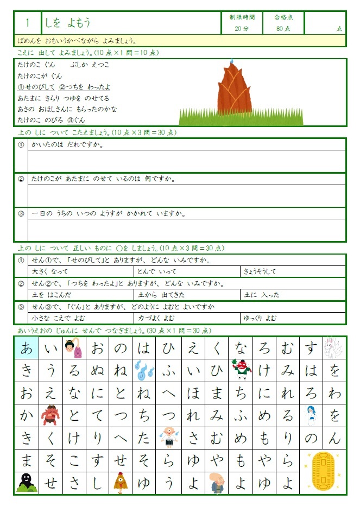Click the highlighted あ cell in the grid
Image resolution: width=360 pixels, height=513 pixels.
(x=26, y=348)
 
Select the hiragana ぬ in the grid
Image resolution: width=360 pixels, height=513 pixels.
(x=98, y=371)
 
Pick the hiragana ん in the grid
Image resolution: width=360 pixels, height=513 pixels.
(x=335, y=438)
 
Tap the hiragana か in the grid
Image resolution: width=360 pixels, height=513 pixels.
(x=26, y=416)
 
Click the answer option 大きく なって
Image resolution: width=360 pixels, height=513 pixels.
(x=49, y=271)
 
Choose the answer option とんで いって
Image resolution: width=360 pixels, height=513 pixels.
(x=157, y=271)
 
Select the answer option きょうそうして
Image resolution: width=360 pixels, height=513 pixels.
(x=260, y=271)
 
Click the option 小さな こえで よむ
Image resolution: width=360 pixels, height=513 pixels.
(x=59, y=318)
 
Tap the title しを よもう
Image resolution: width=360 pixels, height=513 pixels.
(x=68, y=22)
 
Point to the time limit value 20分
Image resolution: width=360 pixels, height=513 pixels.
(x=242, y=28)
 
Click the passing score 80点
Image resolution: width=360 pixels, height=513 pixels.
(x=283, y=28)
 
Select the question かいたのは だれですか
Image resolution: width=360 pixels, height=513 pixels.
(x=68, y=145)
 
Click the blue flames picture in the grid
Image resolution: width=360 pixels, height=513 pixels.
(x=145, y=371)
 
